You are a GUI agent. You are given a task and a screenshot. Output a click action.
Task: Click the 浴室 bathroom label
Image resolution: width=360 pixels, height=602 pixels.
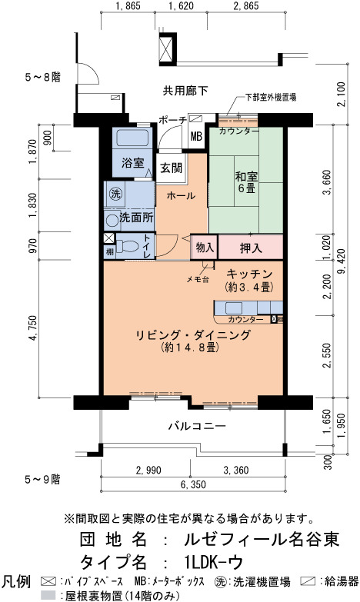click(132, 163)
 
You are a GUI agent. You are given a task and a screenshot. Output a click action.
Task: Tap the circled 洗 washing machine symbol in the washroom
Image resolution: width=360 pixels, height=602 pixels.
click(115, 194)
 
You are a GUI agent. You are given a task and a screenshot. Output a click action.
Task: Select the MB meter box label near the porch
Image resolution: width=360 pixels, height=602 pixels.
click(196, 136)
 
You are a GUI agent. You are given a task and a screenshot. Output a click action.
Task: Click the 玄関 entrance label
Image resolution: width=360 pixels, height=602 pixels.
click(171, 168)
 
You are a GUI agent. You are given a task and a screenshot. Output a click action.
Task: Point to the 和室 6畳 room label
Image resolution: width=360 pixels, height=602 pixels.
click(246, 182)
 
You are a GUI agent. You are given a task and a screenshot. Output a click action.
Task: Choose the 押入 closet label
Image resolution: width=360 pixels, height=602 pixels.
click(251, 248)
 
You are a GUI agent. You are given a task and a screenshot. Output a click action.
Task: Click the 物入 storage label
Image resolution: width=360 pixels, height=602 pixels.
click(205, 248)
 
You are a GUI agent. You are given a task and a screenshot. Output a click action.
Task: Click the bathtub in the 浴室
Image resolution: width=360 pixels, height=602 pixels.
click(132, 138)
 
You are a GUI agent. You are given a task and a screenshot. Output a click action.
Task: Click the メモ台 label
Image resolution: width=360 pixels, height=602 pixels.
click(198, 280)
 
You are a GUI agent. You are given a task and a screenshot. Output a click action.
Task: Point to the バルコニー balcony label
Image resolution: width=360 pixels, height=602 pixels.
click(197, 426)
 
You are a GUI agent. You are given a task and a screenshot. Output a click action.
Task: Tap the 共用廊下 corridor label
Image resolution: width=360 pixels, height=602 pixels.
click(185, 91)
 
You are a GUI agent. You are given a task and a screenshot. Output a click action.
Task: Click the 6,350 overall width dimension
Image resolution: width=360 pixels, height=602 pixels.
click(193, 484)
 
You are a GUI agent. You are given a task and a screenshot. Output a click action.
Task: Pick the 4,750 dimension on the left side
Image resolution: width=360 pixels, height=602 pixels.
click(33, 328)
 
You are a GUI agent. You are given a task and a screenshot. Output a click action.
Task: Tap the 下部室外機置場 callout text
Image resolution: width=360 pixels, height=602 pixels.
click(271, 98)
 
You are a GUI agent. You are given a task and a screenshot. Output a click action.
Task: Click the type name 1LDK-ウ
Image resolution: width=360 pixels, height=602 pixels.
click(214, 562)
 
